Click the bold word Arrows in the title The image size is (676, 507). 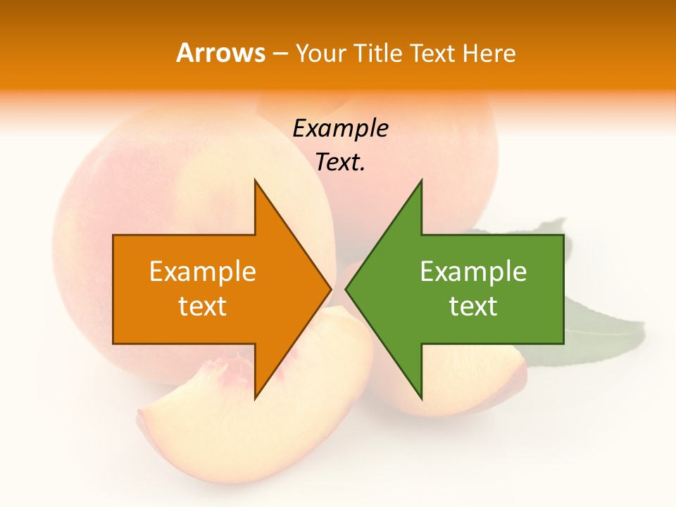pos(221,53)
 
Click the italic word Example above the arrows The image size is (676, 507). pos(340,128)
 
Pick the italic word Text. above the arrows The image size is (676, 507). pos(340,162)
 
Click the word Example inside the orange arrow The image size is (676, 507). pos(203,272)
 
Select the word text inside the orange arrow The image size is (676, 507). pos(203,306)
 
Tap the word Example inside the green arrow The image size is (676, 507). pos(473,272)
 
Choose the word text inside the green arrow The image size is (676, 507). pos(473,306)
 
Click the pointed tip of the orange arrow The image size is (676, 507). pos(330,289)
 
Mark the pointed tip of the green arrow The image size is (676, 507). pos(347,289)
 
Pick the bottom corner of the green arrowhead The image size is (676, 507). pos(421,398)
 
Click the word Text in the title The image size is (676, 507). pos(433,54)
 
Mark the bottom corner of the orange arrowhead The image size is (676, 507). pos(256,398)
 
